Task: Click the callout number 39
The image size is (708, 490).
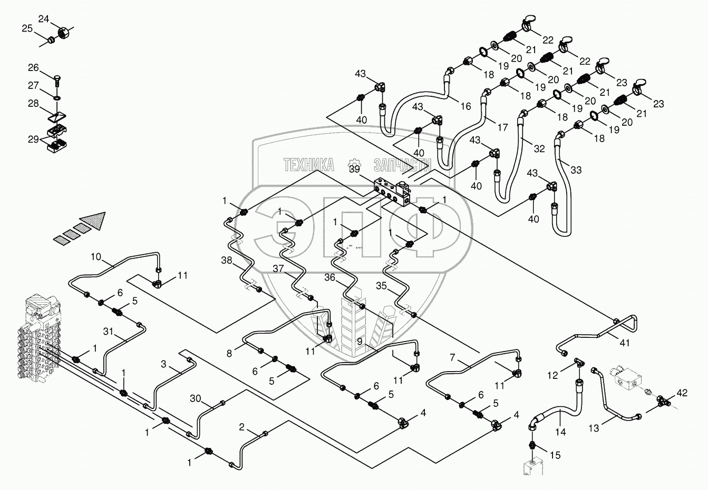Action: (x=354, y=169)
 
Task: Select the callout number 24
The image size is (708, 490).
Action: (x=44, y=19)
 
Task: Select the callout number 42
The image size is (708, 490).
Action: (x=682, y=392)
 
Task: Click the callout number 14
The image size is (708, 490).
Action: (x=560, y=432)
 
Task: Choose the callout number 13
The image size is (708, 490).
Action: (x=594, y=428)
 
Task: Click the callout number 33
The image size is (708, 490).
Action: (x=576, y=169)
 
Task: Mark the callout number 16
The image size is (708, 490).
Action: (x=465, y=106)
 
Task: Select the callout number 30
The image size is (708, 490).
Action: (x=195, y=398)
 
